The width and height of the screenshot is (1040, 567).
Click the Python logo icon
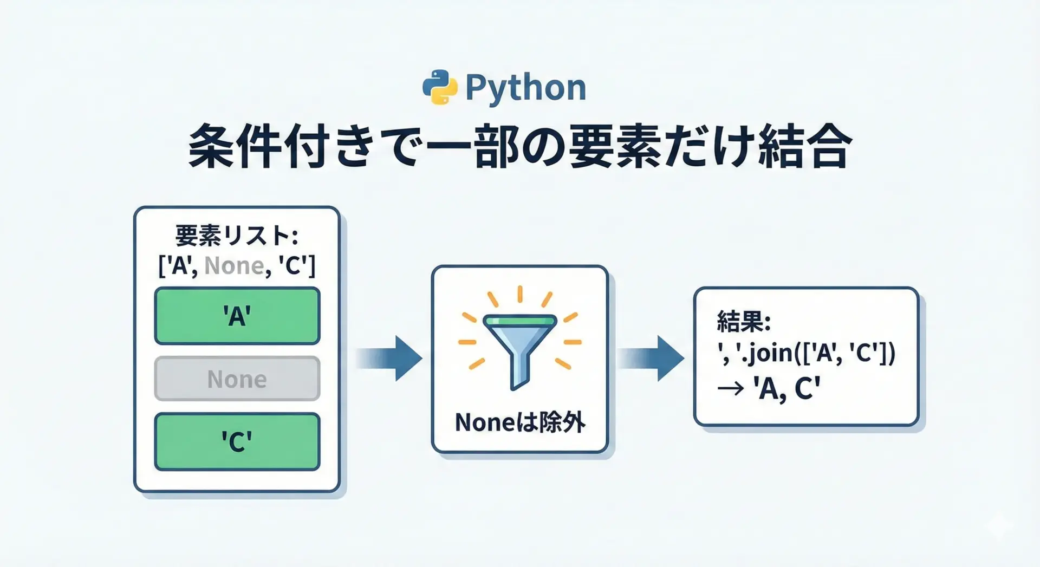coord(439,87)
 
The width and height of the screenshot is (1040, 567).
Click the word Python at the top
coord(525,88)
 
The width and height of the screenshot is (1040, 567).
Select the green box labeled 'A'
coord(237,316)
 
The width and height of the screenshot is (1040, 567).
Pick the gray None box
coord(237,379)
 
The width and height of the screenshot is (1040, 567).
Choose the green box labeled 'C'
coord(237,442)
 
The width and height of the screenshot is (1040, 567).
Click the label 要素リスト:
coord(237,237)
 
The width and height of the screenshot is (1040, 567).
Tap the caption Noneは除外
coord(520,422)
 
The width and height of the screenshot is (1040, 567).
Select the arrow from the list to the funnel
coord(390,359)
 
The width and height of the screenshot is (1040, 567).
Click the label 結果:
coord(743,322)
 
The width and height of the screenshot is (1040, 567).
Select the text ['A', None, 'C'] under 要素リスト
coord(237,266)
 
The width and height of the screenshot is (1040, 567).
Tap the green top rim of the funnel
coord(519,321)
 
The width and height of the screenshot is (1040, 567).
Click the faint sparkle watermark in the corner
coord(999,525)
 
